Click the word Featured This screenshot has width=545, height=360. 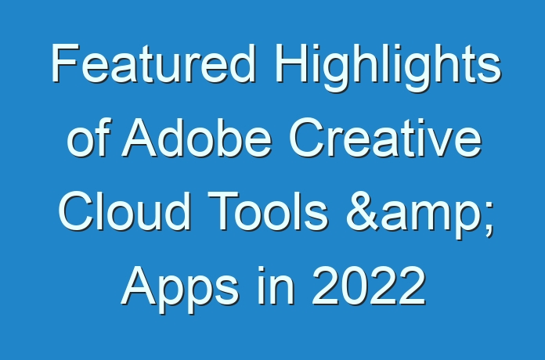coord(153,63)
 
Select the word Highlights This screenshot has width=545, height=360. coord(388,68)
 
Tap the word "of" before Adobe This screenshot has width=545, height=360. coord(89,137)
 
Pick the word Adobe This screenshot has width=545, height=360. coord(197,137)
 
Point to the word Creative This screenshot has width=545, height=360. coord(385,137)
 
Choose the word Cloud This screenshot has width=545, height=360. coord(125,211)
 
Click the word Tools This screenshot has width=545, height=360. coord(267,211)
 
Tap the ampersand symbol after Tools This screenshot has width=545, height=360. coord(363,211)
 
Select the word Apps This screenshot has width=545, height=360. coord(180,290)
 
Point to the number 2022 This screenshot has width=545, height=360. coord(369,285)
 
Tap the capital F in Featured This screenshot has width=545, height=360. coord(65,63)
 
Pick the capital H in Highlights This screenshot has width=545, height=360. coord(291,63)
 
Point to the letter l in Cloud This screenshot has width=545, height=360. coord(99,211)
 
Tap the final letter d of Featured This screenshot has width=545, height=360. coord(243,63)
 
